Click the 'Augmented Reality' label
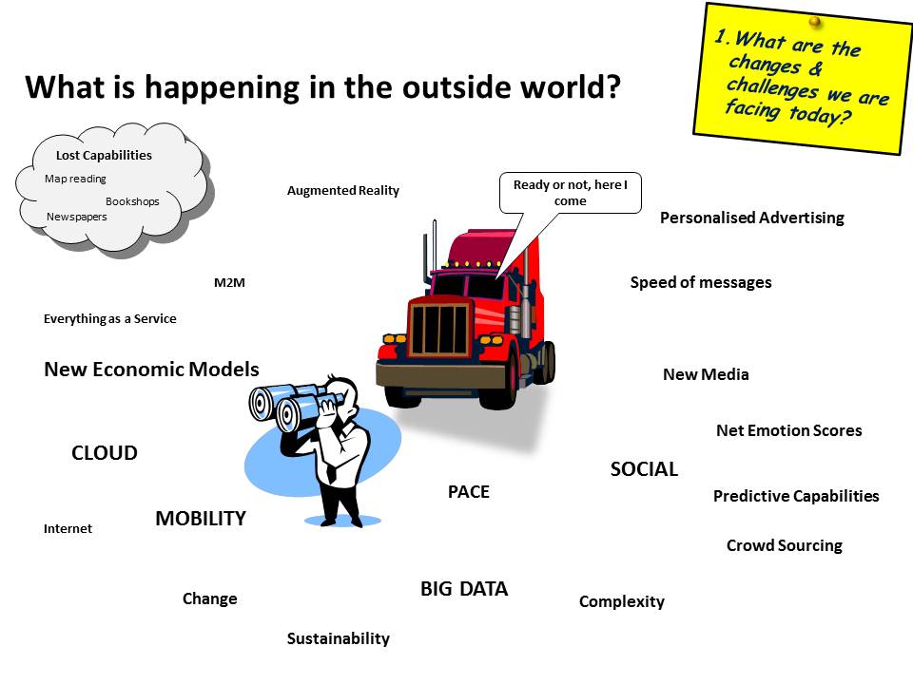coord(343,191)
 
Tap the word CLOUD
coord(105,453)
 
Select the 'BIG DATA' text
coord(464,589)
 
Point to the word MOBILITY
coord(201,519)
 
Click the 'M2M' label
coord(230,282)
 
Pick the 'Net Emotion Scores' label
coord(788,430)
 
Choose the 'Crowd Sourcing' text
coord(784,545)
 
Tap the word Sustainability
coord(339,638)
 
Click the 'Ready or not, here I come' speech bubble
coord(571,193)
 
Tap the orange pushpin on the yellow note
coord(815,20)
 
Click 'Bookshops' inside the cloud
coord(132,201)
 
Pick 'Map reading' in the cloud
coord(76,179)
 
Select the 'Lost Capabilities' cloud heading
coord(104,155)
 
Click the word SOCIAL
coord(644,469)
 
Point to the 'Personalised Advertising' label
coord(751,218)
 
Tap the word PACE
coord(469,492)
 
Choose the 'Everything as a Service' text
coord(110,319)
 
